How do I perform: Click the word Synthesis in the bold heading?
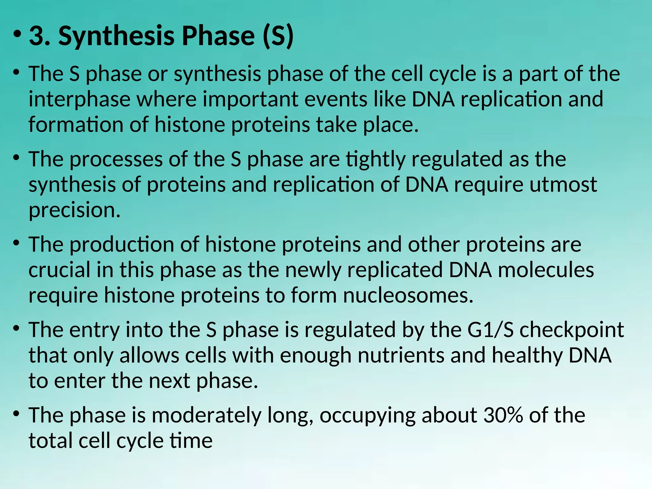117,36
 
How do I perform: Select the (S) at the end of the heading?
278,36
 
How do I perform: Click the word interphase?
79,99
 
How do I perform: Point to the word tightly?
375,159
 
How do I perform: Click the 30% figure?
503,415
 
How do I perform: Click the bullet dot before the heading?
17,33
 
